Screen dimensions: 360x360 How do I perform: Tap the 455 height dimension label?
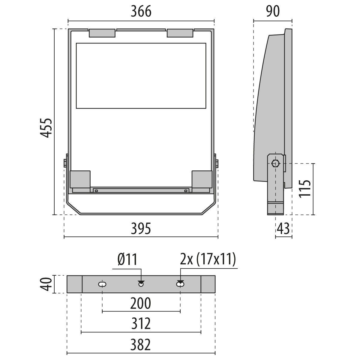[46, 128]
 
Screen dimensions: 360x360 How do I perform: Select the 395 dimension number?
[141, 229]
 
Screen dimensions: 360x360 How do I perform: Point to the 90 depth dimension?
[272, 11]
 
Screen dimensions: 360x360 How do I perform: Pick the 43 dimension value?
[283, 229]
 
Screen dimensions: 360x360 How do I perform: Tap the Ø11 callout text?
[127, 259]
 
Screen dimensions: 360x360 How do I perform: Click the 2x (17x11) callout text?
[208, 259]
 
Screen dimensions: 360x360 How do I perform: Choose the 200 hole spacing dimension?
[140, 304]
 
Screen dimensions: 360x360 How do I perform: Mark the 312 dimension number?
[140, 324]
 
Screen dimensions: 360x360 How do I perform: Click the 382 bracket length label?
[140, 345]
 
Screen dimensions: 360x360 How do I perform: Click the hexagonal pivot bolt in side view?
[275, 163]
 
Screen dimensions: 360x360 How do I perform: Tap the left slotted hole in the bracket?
[102, 284]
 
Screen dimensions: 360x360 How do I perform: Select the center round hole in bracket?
[141, 284]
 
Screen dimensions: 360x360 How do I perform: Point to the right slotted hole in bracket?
[180, 284]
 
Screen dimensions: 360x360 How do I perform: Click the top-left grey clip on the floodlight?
[102, 33]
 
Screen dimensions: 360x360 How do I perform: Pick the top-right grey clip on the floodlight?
[180, 33]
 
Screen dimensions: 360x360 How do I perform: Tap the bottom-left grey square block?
[80, 179]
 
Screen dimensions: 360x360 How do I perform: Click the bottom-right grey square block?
[202, 179]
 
